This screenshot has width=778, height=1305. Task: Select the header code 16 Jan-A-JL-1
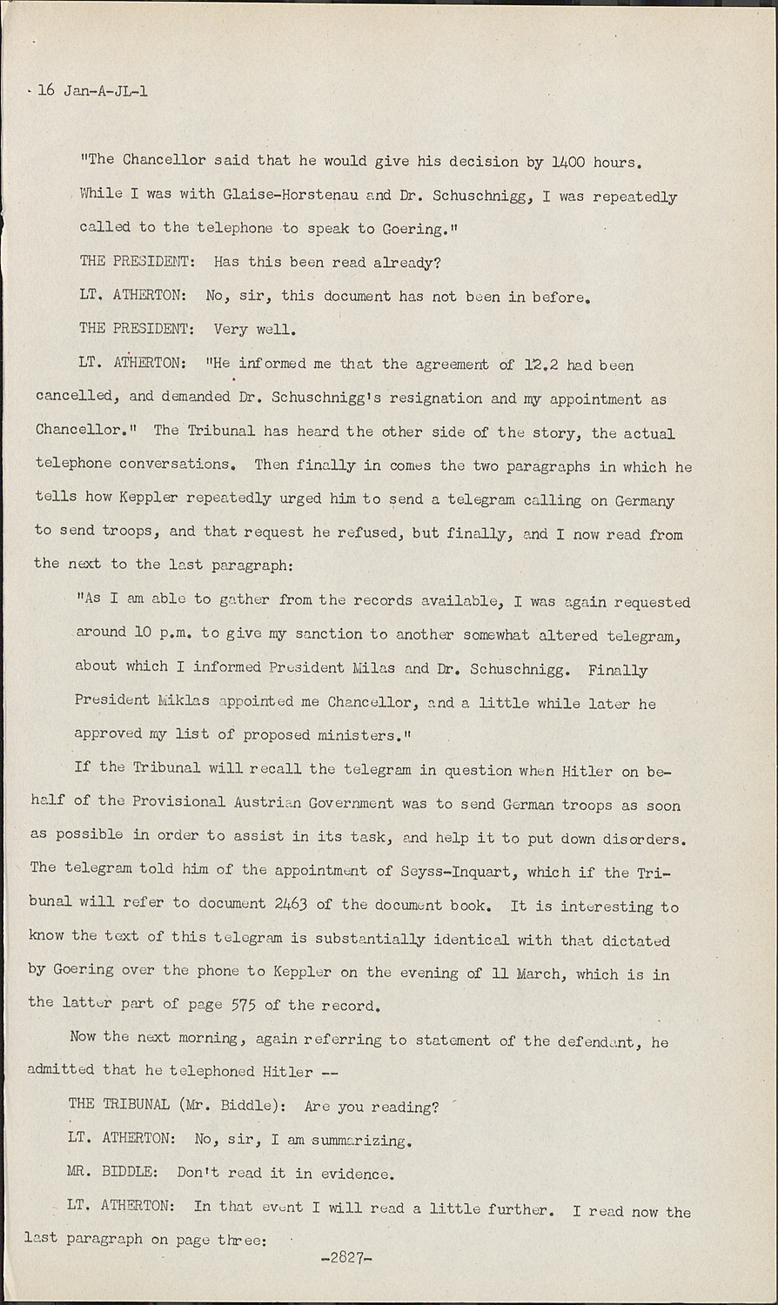91,90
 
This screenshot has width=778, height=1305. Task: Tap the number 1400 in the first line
567,161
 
